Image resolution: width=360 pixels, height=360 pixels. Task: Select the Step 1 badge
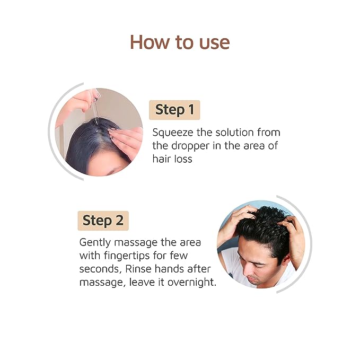coord(174,110)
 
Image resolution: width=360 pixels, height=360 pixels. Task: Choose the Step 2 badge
coord(103,221)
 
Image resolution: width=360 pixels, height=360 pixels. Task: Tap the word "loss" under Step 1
coord(181,159)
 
